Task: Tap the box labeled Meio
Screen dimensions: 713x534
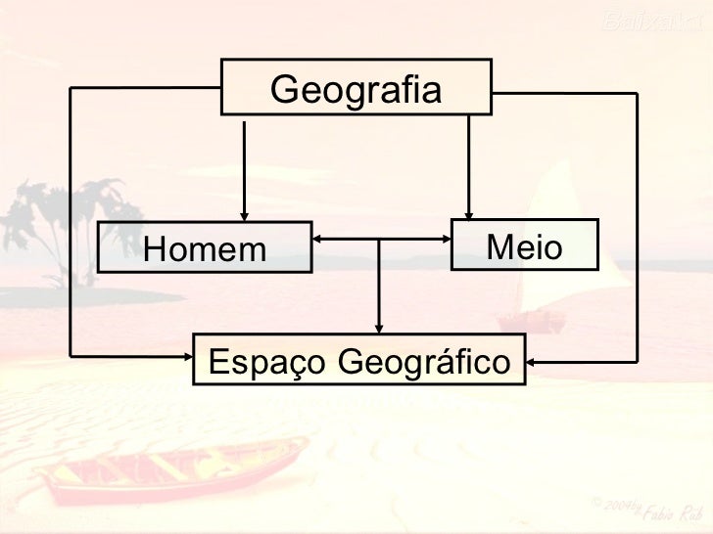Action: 523,245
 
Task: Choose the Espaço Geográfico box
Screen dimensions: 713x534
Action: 359,361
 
